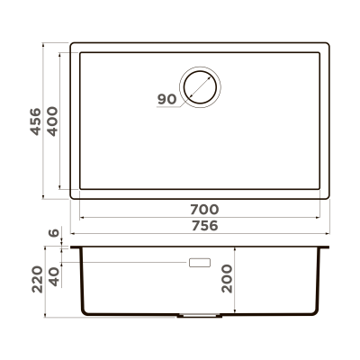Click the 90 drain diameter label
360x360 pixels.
165,99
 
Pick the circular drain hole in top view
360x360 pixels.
201,86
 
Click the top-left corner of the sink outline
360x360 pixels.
71,40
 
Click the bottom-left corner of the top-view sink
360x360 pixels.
71,196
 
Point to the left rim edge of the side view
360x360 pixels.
73,247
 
